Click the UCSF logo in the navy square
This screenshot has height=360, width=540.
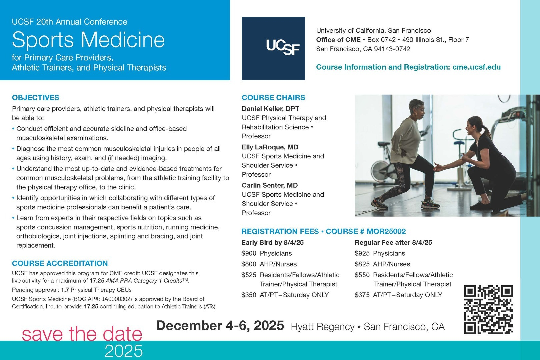coord(283,48)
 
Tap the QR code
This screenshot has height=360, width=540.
coord(488,310)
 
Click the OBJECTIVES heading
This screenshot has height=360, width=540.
coord(35,98)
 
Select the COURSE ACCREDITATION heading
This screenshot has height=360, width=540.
coord(60,263)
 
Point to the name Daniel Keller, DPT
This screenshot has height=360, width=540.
coord(270,109)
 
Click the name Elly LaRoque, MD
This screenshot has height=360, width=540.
coord(270,147)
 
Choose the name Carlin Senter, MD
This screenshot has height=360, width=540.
coord(270,185)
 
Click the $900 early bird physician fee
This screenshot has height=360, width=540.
coord(249,253)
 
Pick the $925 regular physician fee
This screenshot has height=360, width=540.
coord(362,253)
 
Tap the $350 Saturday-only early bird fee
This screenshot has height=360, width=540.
coord(249,295)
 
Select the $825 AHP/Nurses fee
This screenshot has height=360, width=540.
coord(362,264)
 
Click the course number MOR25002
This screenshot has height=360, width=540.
coord(386,231)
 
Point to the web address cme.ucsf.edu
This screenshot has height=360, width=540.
coord(476,67)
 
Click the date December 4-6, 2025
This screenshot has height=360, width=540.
coord(220,326)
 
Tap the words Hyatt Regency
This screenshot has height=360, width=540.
coord(323,327)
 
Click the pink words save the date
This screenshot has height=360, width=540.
coord(82,333)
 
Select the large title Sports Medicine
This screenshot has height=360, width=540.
coord(88,40)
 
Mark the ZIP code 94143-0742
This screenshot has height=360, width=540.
coord(392,49)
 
